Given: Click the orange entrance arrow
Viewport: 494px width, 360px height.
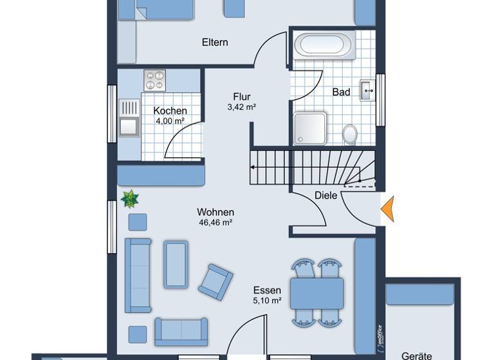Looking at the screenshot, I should point(387,210).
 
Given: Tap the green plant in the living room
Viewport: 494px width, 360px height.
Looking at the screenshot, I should point(130,199).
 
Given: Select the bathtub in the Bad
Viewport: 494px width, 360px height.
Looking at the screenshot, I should point(324,45).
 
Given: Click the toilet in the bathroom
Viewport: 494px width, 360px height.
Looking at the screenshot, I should point(350,134).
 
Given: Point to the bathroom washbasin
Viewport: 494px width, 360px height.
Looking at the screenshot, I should point(368,91).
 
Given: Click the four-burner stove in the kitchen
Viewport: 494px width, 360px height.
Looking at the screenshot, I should point(154,80).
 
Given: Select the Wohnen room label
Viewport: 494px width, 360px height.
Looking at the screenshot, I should point(215,212).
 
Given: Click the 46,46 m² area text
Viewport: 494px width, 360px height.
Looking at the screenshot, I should point(215,222).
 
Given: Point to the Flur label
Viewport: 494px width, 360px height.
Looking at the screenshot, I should point(242,97).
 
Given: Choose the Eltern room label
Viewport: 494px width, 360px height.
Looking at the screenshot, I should point(215,42).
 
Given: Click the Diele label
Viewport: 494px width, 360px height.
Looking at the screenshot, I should point(325,195).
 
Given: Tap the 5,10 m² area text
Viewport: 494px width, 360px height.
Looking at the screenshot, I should point(267,300).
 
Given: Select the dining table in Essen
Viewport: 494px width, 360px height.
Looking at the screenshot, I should point(316,293).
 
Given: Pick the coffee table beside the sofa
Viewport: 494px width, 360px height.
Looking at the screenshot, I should point(176,264).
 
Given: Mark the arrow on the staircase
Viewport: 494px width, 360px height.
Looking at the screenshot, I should point(255,167).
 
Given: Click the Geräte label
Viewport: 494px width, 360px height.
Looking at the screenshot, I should point(417,355).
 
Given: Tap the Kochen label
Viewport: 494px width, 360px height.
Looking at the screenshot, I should point(170,111).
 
